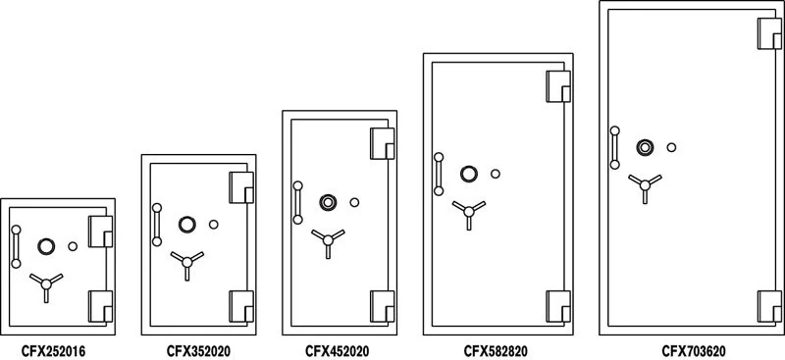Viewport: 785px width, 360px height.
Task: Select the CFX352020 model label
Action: [199, 349]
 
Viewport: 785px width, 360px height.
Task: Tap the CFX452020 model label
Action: [338, 349]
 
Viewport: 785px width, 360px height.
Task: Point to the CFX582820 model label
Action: [497, 349]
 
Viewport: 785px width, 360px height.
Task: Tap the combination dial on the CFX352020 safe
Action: [186, 225]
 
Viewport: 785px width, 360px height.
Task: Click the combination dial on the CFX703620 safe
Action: [645, 147]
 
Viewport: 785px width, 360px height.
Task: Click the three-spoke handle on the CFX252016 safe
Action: [44, 284]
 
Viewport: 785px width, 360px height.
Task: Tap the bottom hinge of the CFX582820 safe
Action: [557, 306]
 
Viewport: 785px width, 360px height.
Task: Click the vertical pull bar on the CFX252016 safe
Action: [15, 246]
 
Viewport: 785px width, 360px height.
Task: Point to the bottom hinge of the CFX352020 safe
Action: [241, 306]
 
